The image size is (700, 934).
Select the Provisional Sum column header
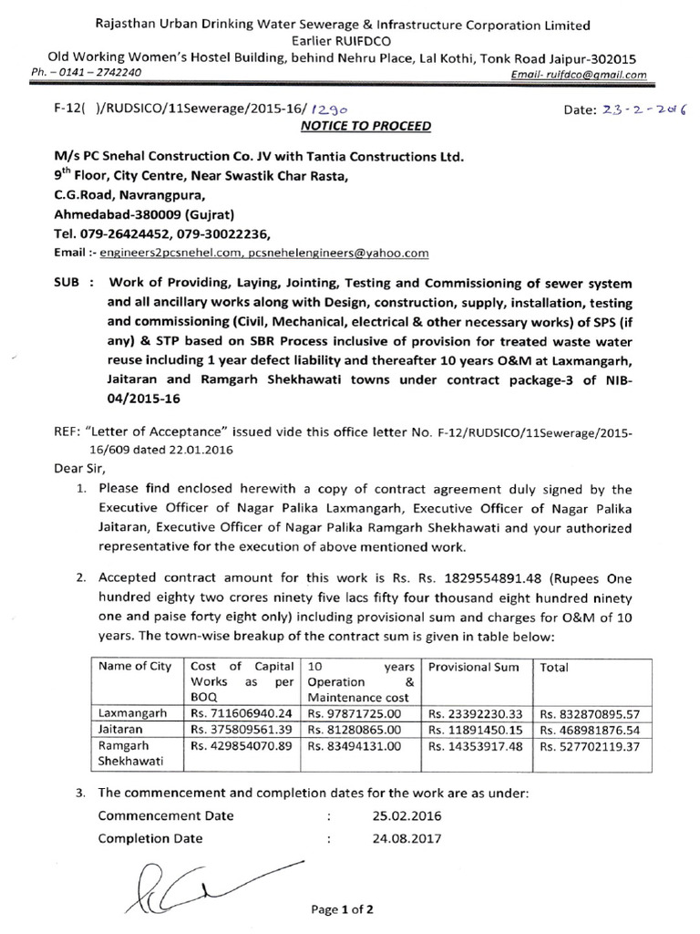click(473, 667)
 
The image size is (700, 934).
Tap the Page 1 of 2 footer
click(343, 909)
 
